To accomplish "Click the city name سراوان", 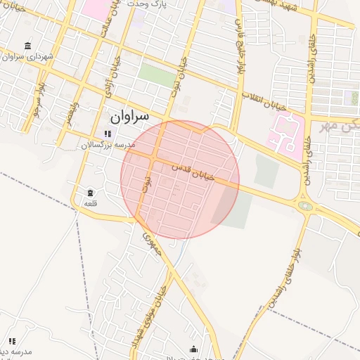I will tap(130, 115).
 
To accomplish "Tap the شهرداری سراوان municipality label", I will tap(23, 56).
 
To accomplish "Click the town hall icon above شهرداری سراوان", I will tap(27, 45).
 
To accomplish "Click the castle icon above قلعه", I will tap(90, 192).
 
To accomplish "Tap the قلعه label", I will tap(90, 202).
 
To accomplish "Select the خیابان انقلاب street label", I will tap(266, 103).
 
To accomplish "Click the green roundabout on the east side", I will tap(306, 206).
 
